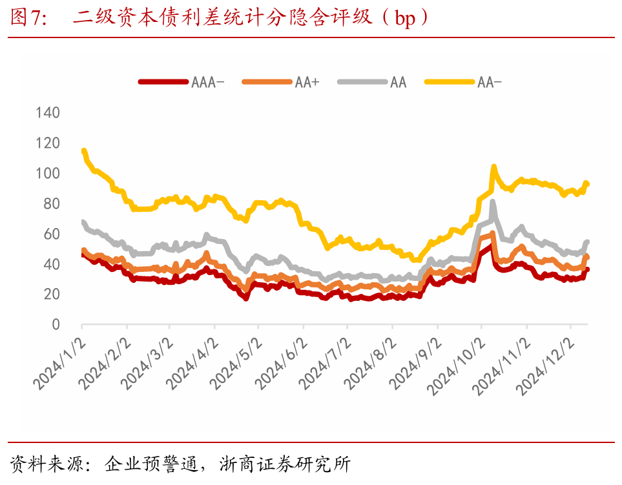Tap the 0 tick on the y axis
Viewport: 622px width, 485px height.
click(x=56, y=325)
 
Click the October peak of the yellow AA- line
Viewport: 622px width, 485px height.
click(x=493, y=167)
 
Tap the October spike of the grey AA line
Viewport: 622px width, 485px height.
click(x=493, y=203)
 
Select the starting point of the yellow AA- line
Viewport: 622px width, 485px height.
click(x=83, y=151)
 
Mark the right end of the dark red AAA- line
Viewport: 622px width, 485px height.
click(x=587, y=270)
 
